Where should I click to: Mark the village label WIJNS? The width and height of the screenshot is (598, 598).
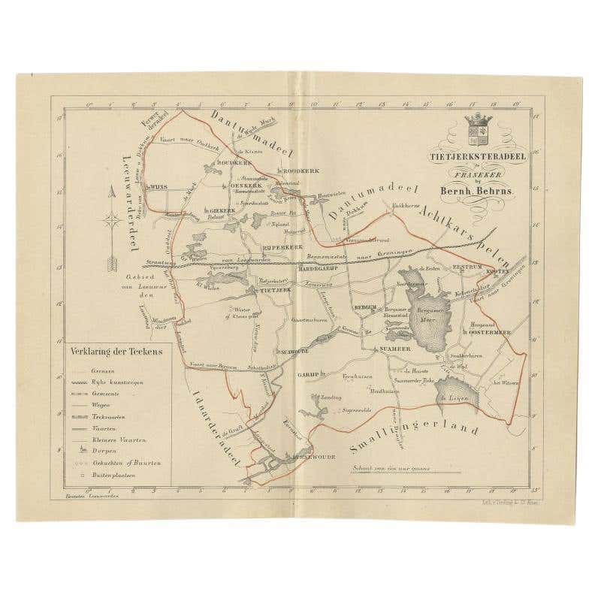pos(159,183)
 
